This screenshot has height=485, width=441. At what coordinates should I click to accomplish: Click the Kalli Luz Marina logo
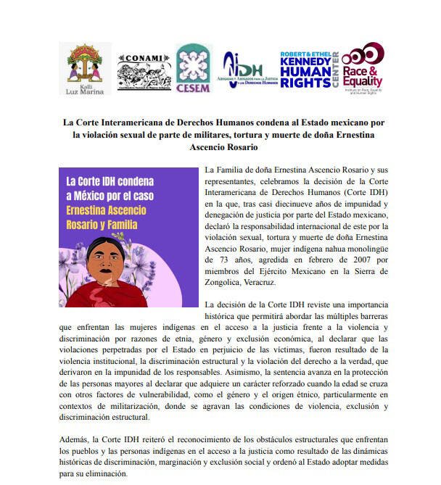pos(84,69)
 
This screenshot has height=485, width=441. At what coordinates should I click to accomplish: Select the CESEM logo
pos(194,69)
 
